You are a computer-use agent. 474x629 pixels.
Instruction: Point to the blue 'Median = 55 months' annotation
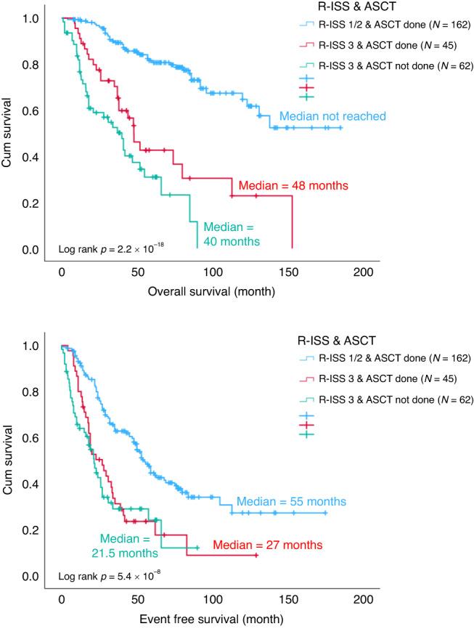click(291, 501)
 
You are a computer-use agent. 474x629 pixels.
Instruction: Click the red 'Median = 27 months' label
click(267, 545)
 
